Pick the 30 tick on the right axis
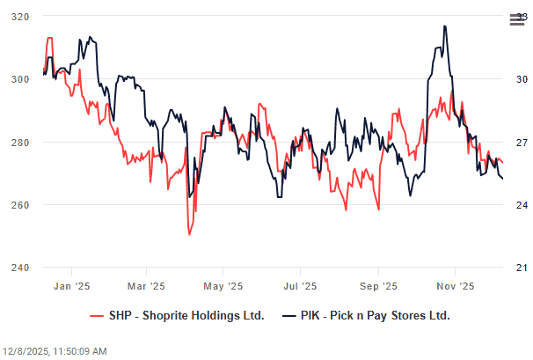(x=520, y=79)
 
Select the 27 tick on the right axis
(x=520, y=143)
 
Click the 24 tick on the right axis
(x=520, y=205)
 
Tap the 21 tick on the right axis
(x=520, y=268)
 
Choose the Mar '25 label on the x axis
(x=146, y=286)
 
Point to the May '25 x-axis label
(x=223, y=286)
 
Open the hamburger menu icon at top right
(x=516, y=19)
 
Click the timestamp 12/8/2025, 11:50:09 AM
(x=55, y=351)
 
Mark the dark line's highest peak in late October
(x=445, y=26)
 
